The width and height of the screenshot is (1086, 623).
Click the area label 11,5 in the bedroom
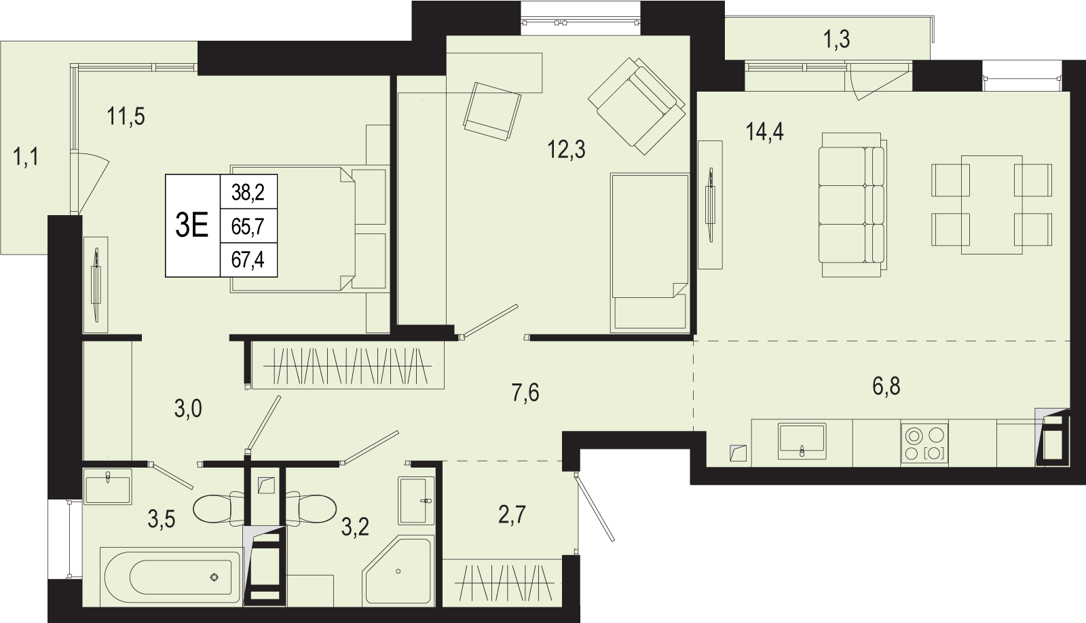[126, 117]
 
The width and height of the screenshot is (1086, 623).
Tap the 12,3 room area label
[566, 149]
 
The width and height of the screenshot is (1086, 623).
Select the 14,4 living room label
[764, 132]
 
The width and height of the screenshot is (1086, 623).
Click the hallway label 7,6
[525, 392]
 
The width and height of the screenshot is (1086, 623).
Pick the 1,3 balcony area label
[837, 39]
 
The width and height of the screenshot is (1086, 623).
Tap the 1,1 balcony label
[26, 157]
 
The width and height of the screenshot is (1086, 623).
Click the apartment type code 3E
[192, 225]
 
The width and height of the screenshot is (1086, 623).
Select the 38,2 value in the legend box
[248, 193]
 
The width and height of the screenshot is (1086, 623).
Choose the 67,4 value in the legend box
[248, 261]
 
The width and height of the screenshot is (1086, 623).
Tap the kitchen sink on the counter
[802, 440]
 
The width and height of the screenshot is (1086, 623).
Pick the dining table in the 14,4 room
[992, 204]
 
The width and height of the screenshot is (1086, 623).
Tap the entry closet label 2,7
[512, 514]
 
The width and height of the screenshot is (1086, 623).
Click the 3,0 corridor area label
[188, 410]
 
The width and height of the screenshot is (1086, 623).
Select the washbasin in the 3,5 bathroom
[108, 487]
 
